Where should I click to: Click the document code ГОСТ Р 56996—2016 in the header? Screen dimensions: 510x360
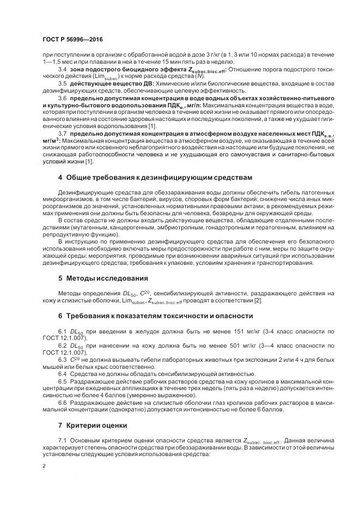click(x=72, y=40)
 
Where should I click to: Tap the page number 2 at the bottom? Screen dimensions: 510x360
click(x=44, y=466)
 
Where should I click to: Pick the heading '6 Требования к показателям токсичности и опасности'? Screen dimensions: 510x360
click(x=148, y=315)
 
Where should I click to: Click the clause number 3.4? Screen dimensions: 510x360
click(x=62, y=70)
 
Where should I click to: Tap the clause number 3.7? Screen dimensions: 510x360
click(x=62, y=133)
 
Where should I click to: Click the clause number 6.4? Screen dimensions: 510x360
click(x=62, y=373)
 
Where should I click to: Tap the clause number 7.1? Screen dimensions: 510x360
click(x=62, y=440)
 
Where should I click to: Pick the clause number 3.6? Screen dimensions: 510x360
click(x=62, y=96)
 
